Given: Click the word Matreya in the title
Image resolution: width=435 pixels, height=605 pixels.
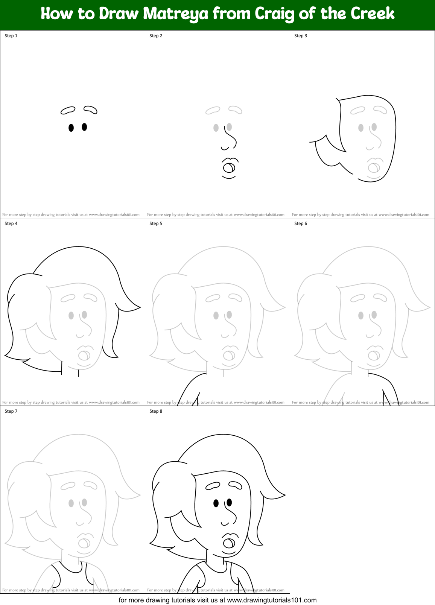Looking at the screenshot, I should coord(176,14).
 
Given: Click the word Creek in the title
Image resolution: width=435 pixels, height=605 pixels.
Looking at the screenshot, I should coord(373,14).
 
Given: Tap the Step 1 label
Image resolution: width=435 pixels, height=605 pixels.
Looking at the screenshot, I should coord(11,36).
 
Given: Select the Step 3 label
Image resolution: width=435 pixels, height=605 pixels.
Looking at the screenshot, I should coord(301,36).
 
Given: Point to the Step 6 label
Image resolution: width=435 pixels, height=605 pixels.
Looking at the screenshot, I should coord(301,223).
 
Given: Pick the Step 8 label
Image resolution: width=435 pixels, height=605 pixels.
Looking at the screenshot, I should coord(156,411).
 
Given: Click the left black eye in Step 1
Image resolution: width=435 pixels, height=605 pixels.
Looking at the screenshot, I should coord(71,128).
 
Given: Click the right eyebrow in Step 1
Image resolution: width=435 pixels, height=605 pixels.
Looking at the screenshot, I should coord(90,109).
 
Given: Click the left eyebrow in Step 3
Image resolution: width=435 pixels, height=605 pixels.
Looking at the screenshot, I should coord(357,110).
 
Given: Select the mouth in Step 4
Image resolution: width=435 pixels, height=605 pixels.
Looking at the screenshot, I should coord(84,355).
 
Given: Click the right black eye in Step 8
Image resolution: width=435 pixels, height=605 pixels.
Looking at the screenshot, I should coord(229,502).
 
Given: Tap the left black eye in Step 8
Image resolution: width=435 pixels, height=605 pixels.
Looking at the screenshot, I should coord(216,503).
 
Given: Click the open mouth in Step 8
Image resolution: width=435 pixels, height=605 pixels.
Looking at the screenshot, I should coord(229,543).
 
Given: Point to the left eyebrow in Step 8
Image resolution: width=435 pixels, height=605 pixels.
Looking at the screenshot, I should coord(213,486).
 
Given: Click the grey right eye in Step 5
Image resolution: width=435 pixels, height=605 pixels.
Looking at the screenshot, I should coord(229,315).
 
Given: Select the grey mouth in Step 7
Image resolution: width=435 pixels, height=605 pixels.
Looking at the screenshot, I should coord(84,543).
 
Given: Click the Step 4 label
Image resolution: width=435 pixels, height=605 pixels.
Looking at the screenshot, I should coord(11,223).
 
